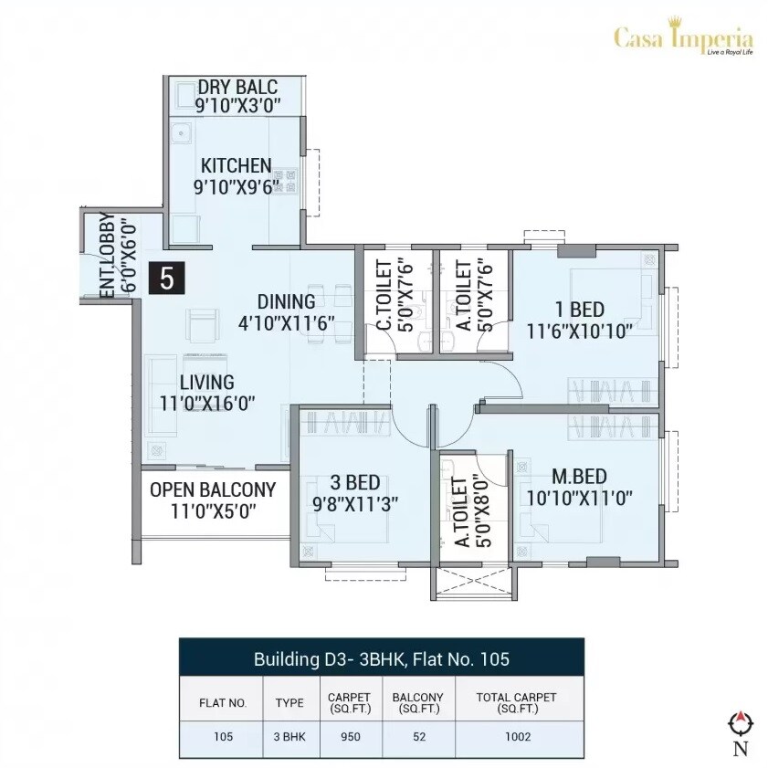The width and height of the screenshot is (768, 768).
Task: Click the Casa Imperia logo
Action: click(x=683, y=40)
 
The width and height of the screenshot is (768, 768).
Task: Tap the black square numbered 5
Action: click(x=167, y=278)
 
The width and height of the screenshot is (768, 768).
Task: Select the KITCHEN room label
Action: click(x=237, y=165)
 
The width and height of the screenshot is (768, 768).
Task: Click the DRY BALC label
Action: click(x=237, y=87)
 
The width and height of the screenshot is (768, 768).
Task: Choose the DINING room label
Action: click(x=286, y=301)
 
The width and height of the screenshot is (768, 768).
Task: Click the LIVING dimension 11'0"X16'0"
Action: click(x=206, y=402)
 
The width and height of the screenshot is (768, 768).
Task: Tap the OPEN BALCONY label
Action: click(x=212, y=489)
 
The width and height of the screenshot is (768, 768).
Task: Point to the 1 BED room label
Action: click(x=579, y=309)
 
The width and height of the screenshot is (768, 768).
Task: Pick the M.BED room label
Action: click(x=580, y=476)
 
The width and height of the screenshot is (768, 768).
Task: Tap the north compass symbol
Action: click(x=740, y=724)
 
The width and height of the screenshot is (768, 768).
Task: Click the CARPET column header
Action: click(x=349, y=702)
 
